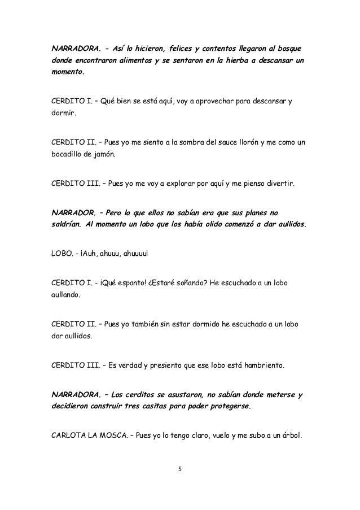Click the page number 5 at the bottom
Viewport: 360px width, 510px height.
pyautogui.click(x=179, y=468)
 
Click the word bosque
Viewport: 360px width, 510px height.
pyautogui.click(x=287, y=45)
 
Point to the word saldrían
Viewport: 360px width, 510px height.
pyautogui.click(x=63, y=224)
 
